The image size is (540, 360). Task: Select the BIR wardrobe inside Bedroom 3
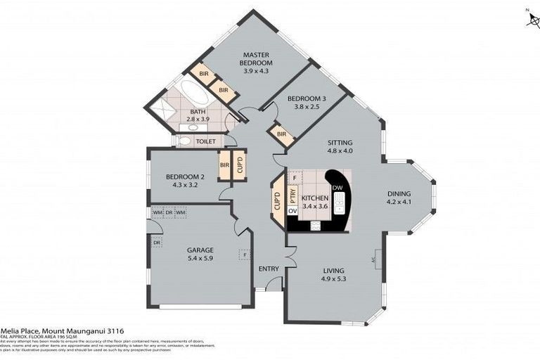[x=281, y=134]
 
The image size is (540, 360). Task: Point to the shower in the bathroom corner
[x=162, y=112]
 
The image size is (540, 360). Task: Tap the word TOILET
[x=205, y=141]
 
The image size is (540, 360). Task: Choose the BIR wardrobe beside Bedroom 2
[x=225, y=166]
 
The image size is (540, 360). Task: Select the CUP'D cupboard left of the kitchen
[x=277, y=202]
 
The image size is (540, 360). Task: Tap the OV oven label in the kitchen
[x=292, y=212]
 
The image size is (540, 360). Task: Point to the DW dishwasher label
[x=337, y=188]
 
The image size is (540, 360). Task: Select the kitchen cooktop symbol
[x=314, y=225]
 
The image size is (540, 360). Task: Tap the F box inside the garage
[x=244, y=254]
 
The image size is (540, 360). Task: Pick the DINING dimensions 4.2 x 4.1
[x=398, y=202]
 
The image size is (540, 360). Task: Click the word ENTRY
[x=269, y=269]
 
